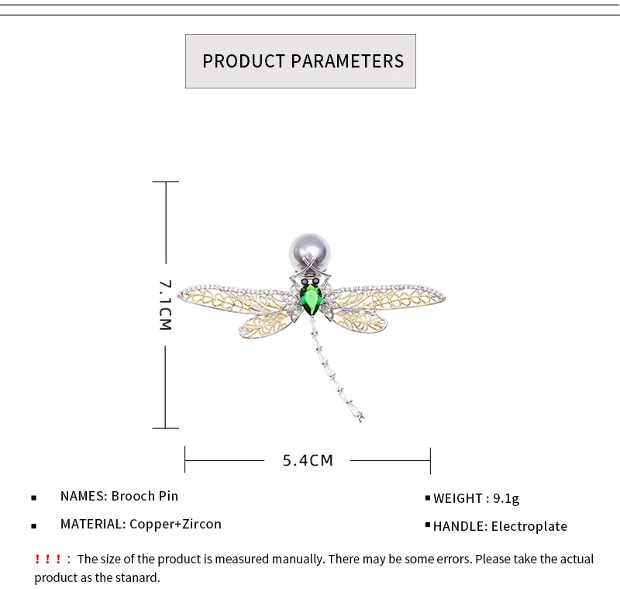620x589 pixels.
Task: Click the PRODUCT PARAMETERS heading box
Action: pos(301,61)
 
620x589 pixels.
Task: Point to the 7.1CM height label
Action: pos(165,305)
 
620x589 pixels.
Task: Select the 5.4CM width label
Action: pos(308,460)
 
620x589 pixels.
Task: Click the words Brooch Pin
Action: pos(145,496)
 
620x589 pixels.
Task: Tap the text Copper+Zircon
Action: pos(175,524)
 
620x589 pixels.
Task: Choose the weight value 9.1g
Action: pos(506,498)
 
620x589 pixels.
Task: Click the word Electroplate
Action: pos(529,526)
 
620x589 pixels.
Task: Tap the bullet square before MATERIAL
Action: pos(34,525)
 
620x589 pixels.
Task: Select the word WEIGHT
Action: pos(457,498)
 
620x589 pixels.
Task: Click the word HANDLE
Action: pos(459,526)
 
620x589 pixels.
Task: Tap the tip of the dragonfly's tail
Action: pos(361,420)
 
